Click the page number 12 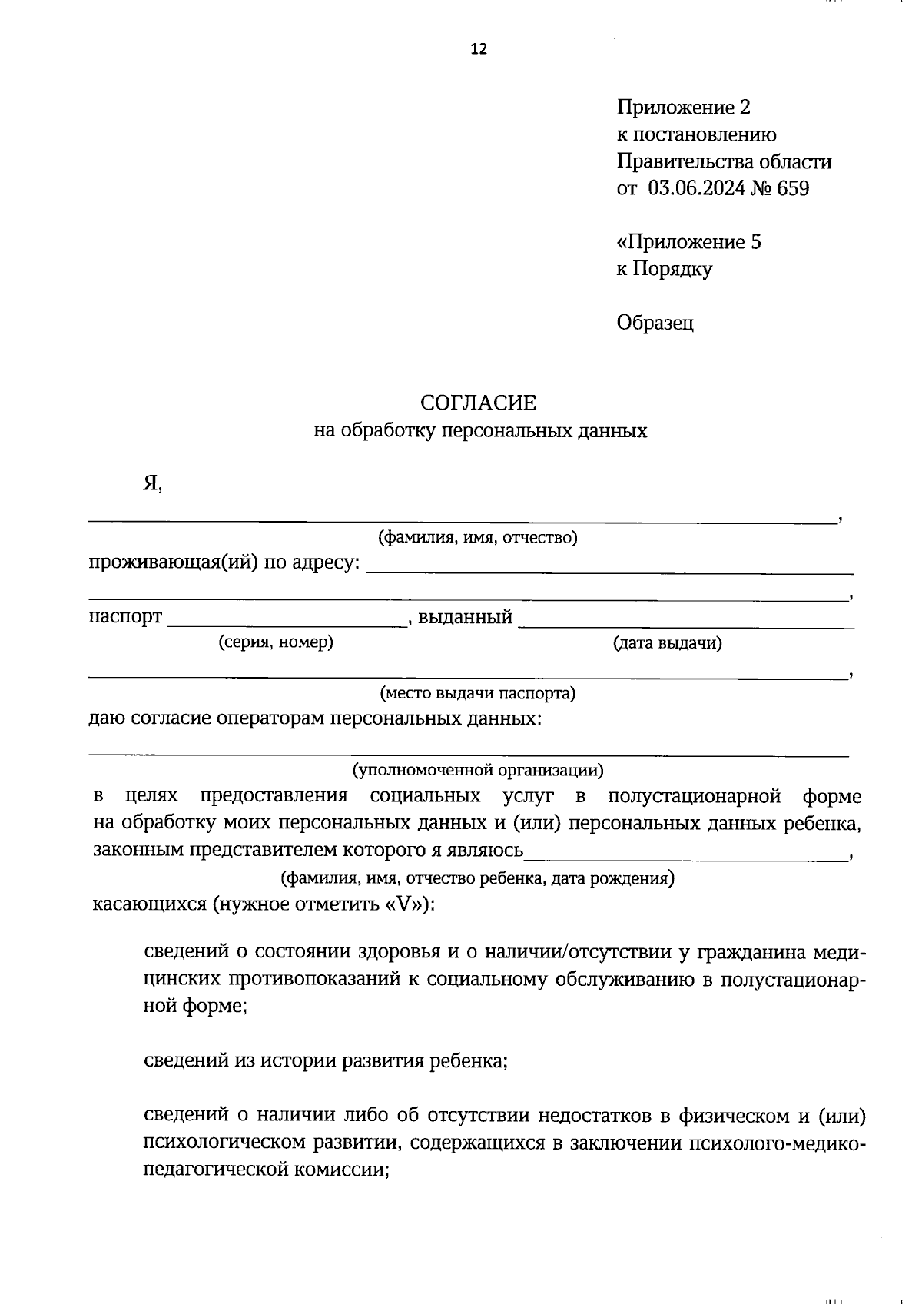(x=478, y=50)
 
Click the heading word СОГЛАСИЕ (x=478, y=403)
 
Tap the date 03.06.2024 (x=697, y=188)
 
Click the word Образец (x=655, y=323)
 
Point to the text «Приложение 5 (x=688, y=242)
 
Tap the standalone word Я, (x=152, y=484)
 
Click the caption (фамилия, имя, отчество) (x=477, y=538)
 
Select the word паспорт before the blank (x=125, y=617)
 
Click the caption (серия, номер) (x=276, y=642)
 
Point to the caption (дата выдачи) (x=667, y=643)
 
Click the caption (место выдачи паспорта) (x=478, y=694)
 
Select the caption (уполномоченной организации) (x=478, y=769)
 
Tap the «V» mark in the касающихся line (x=404, y=904)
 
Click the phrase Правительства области (x=724, y=162)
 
